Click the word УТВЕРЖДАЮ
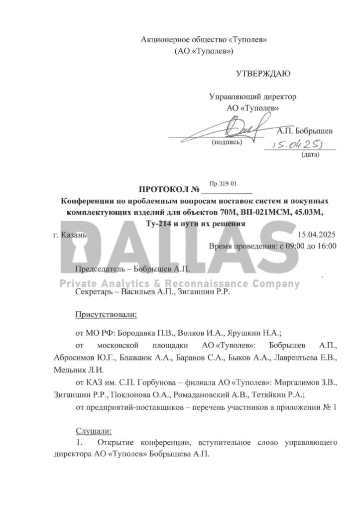click(x=263, y=74)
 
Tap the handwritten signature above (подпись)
click(x=234, y=128)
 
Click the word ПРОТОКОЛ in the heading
click(x=163, y=190)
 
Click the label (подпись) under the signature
click(x=227, y=142)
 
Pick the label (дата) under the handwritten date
click(x=310, y=154)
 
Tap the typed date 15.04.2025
click(x=317, y=235)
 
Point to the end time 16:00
click(x=327, y=246)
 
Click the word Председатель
click(x=98, y=269)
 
